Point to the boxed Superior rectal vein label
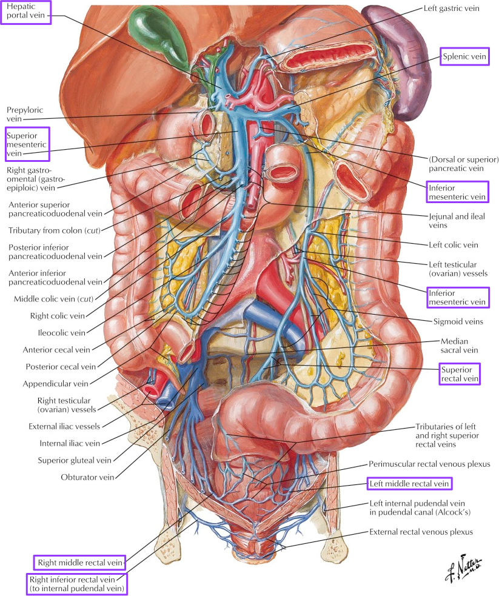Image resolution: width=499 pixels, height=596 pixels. (x=459, y=373)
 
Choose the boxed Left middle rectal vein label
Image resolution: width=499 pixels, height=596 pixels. (x=409, y=484)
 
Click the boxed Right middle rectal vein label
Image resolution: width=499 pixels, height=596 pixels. (x=79, y=563)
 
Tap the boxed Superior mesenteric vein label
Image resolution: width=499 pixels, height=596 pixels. (x=27, y=143)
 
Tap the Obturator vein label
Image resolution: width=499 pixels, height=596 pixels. (x=87, y=477)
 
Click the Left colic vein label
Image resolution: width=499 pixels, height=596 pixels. (x=453, y=245)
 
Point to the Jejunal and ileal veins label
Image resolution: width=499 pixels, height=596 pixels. (x=457, y=221)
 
